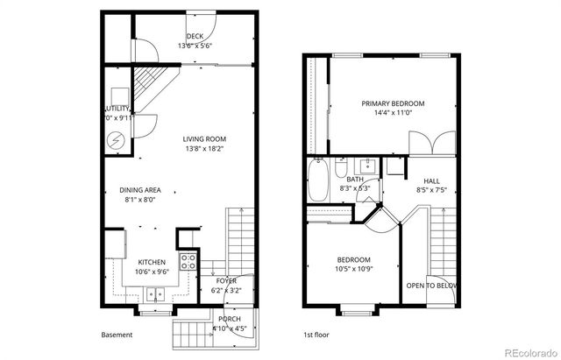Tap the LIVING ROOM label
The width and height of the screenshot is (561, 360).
click(205, 138)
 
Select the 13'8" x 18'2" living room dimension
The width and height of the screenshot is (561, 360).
click(205, 149)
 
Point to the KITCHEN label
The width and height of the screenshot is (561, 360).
click(153, 261)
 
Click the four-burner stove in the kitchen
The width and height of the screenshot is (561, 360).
click(188, 260)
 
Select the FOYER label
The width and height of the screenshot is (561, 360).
click(226, 280)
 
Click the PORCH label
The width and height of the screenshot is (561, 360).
click(231, 319)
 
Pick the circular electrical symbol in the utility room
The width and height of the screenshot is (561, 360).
click(117, 139)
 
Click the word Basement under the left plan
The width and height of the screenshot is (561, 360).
click(117, 335)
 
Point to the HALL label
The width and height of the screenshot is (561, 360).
click(431, 180)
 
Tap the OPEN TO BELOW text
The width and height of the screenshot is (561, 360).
click(432, 286)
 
